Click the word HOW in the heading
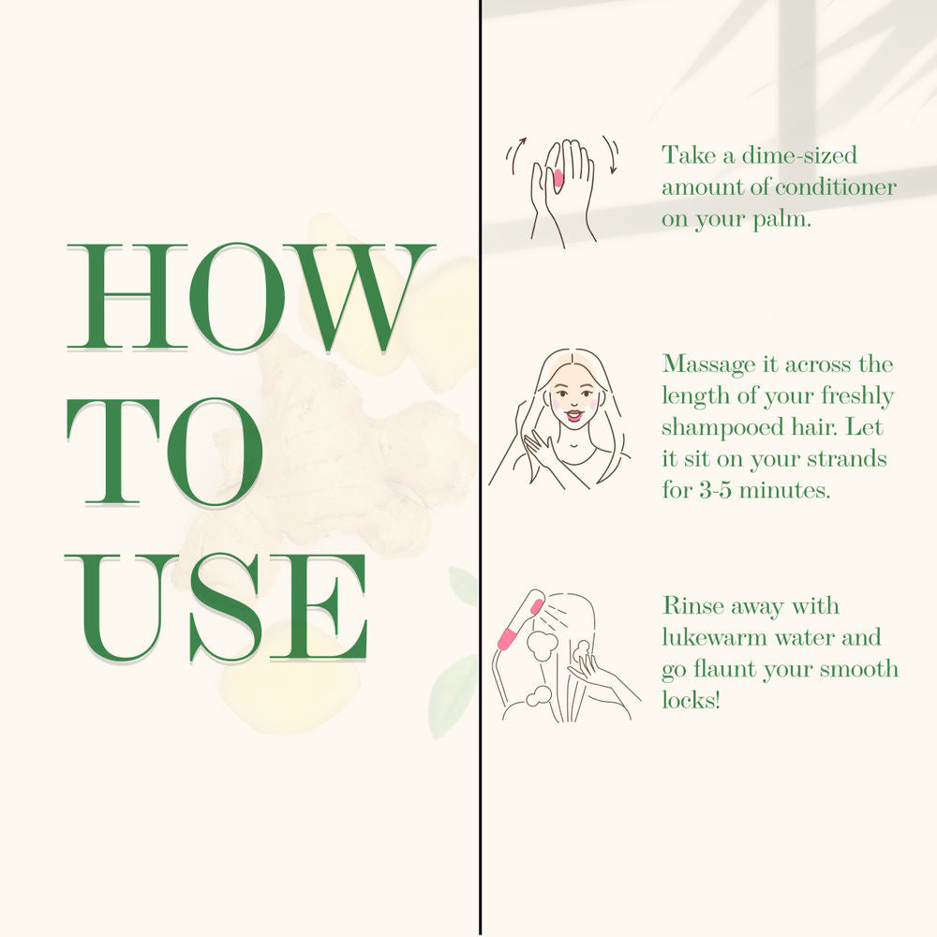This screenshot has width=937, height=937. coord(251,297)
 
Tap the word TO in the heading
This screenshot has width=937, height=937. coord(164,452)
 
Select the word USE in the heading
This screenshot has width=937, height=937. coord(216,608)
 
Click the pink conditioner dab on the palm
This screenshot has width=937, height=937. coord(558,178)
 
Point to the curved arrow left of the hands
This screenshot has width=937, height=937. coord(515,156)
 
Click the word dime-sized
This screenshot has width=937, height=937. coord(799,156)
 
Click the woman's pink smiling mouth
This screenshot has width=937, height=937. coord(573,415)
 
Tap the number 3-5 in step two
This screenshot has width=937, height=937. coord(715,491)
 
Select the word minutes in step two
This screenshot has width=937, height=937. coord(784,491)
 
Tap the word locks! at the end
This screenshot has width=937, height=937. coord(691,700)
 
